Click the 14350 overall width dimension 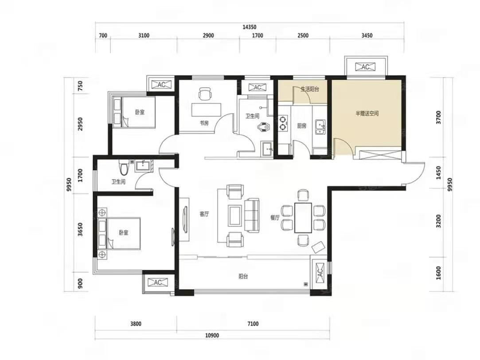[249, 27]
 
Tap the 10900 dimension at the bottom [212, 335]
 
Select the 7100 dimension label [253, 324]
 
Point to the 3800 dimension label [136, 324]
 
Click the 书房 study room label [204, 123]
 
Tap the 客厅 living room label [204, 214]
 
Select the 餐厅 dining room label [275, 218]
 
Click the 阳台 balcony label [243, 277]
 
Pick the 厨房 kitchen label [302, 125]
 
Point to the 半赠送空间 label [367, 113]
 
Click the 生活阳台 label [310, 89]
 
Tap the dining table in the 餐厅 [303, 218]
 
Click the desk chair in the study [205, 94]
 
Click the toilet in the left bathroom [124, 167]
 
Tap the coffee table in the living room [235, 214]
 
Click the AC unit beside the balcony [319, 271]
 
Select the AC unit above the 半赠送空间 [366, 67]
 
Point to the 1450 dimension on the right [438, 172]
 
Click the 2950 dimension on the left [80, 124]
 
